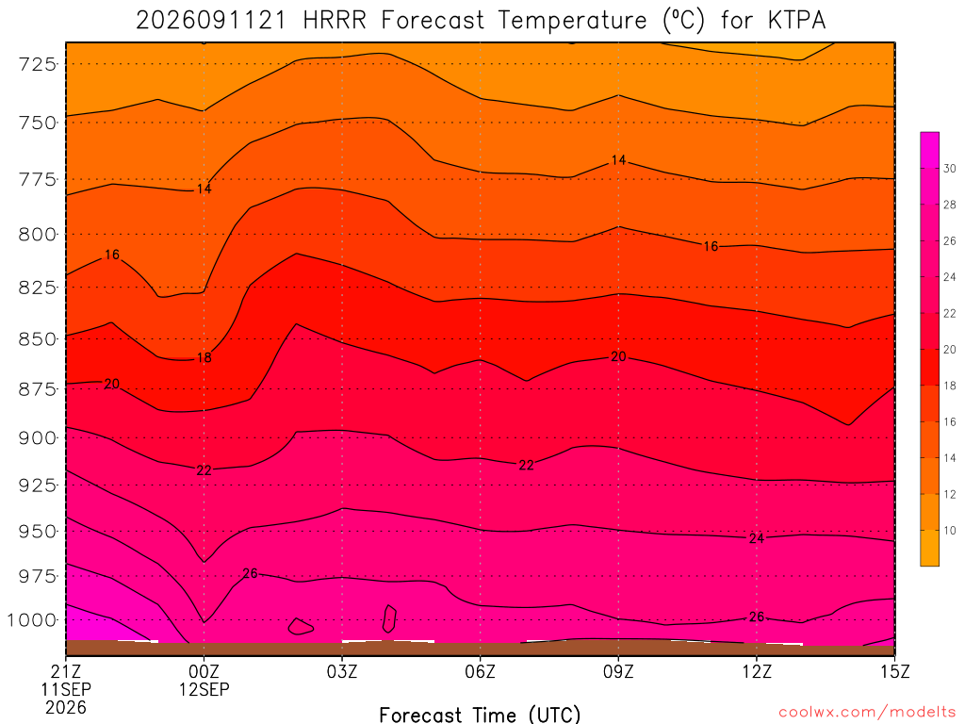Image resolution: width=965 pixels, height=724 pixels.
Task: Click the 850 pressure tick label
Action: coord(38,339)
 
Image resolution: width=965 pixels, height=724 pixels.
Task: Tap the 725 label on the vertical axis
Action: coord(38,64)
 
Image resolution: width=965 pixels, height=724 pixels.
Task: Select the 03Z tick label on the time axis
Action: coord(341,671)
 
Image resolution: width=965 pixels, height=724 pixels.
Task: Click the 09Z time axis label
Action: coord(618,671)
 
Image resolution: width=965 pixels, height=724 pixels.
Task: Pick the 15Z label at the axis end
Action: coord(894,671)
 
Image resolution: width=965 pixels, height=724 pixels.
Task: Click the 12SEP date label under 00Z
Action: coord(204,689)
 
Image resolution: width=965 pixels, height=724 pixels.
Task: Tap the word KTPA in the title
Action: coord(796,21)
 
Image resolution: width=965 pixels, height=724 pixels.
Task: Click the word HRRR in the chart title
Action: coord(335,21)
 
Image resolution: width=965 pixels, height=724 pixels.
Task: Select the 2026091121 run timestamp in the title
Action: coord(211,21)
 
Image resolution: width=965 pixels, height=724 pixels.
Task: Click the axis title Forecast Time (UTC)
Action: coord(480,715)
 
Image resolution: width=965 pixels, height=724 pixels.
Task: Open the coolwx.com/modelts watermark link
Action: coord(867,713)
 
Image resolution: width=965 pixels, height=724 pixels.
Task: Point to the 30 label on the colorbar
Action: coord(950,169)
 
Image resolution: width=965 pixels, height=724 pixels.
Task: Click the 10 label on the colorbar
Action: coord(950,531)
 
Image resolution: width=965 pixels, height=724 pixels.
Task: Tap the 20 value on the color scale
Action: coord(950,350)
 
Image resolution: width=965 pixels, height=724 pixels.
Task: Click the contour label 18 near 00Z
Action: coord(204,357)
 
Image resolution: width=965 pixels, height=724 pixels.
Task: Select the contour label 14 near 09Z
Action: coord(618,160)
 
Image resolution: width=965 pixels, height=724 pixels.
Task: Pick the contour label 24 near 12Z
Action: coord(757,538)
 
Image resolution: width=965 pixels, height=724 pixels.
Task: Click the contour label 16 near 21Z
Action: coord(112,255)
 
